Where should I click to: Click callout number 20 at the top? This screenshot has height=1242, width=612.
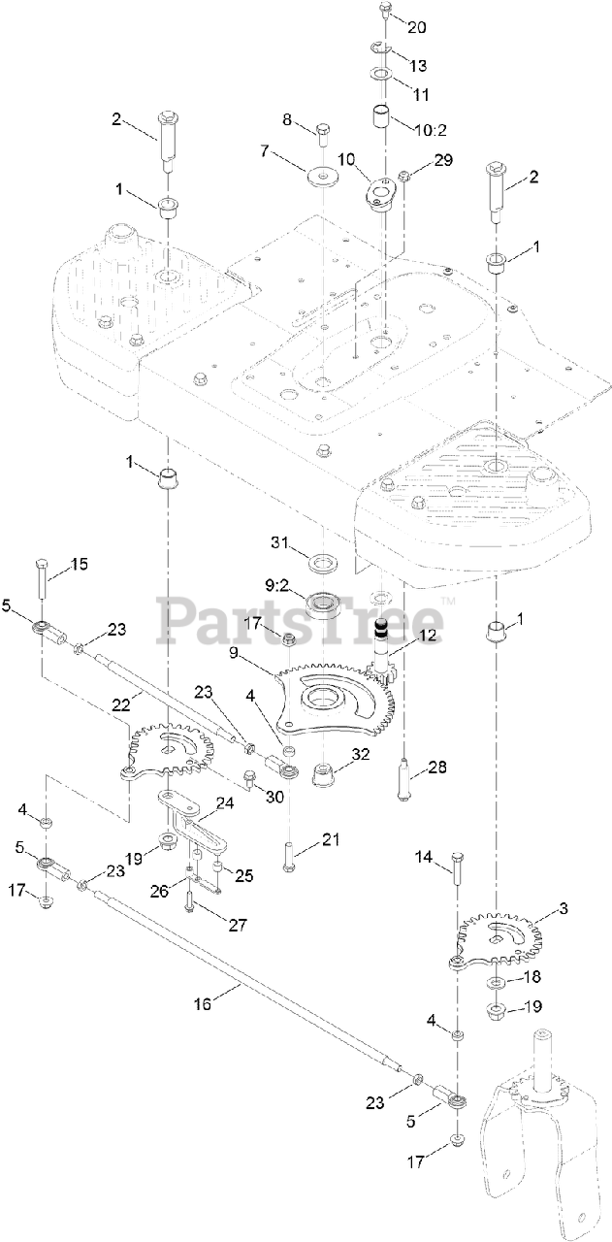419,27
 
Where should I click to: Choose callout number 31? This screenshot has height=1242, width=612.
279,540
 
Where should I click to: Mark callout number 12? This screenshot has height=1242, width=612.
428,636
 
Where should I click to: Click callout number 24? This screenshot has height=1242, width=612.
224,802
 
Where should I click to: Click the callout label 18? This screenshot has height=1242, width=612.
532,977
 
